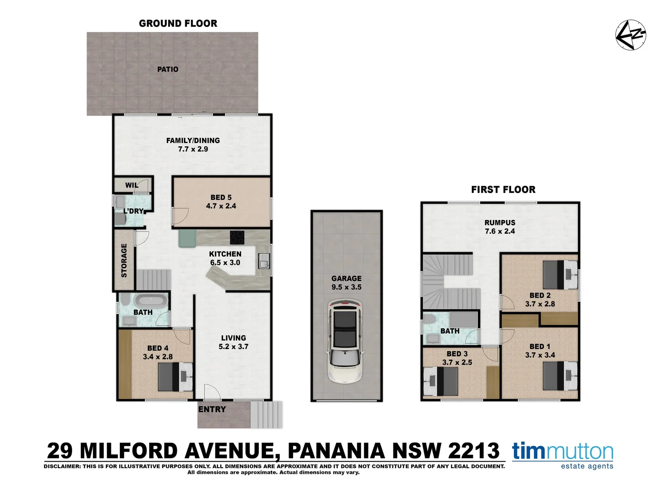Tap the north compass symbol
click(631, 35)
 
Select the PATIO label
click(168, 69)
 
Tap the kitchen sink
click(264, 261)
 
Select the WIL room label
click(132, 185)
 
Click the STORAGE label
click(124, 260)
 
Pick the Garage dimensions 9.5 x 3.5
click(346, 287)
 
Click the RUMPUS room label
click(499, 222)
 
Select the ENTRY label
click(212, 409)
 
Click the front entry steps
click(266, 414)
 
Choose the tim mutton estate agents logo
click(563, 455)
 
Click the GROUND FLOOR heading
click(178, 23)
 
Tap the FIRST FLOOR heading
click(503, 190)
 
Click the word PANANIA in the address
click(336, 450)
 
